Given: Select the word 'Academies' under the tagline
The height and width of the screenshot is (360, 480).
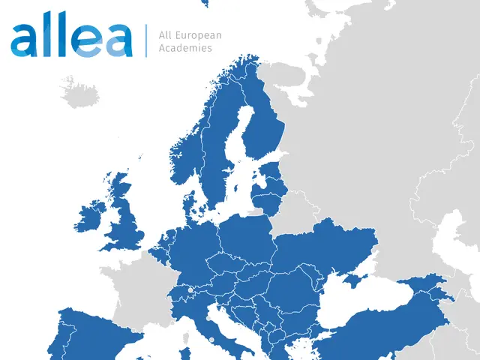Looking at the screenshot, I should point(185,48).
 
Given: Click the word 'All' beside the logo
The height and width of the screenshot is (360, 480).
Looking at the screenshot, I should point(166,35).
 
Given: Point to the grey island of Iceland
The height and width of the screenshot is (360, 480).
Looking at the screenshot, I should point(80,93).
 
